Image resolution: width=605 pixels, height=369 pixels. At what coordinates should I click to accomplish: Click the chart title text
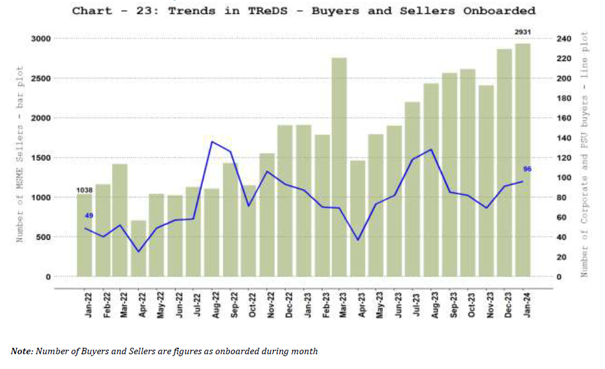303,10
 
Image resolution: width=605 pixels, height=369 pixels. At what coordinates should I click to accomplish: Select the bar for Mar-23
339,167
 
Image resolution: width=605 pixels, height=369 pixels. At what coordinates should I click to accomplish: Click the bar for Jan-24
523,160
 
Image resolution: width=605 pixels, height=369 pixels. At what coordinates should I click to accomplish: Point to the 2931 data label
522,32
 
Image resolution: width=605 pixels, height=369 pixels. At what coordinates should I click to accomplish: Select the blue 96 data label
527,168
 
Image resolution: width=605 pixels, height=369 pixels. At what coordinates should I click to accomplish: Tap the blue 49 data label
89,215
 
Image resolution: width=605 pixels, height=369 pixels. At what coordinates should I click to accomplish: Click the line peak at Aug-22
212,141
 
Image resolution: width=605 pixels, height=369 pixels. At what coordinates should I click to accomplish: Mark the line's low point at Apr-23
358,240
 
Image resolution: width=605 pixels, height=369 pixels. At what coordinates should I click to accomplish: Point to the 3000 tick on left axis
40,39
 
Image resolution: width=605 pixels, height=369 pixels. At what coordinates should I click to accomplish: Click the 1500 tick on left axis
40,157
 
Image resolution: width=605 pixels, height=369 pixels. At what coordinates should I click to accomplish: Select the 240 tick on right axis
564,39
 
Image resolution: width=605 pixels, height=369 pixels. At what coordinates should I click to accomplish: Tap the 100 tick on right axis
564,177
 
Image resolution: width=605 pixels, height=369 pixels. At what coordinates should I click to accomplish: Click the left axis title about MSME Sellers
20,154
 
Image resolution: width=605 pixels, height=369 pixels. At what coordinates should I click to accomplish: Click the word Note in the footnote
21,351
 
